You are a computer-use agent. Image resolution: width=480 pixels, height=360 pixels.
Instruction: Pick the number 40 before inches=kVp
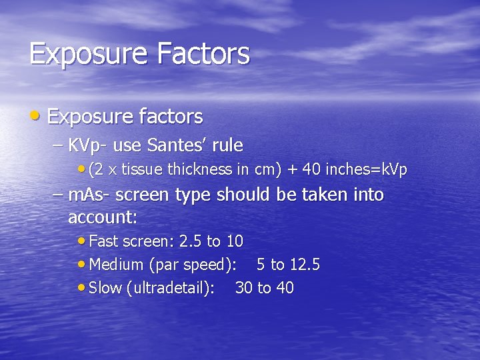pos(311,169)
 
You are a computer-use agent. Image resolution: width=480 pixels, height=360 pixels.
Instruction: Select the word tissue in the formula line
pos(140,169)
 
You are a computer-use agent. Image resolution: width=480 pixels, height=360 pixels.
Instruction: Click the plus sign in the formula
pos(292,170)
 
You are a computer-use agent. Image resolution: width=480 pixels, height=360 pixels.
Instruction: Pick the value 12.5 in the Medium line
pos(305,265)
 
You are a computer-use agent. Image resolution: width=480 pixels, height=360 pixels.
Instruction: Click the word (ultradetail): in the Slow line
pos(170,288)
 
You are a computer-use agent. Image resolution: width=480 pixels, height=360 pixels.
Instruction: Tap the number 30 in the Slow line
pos(244,288)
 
